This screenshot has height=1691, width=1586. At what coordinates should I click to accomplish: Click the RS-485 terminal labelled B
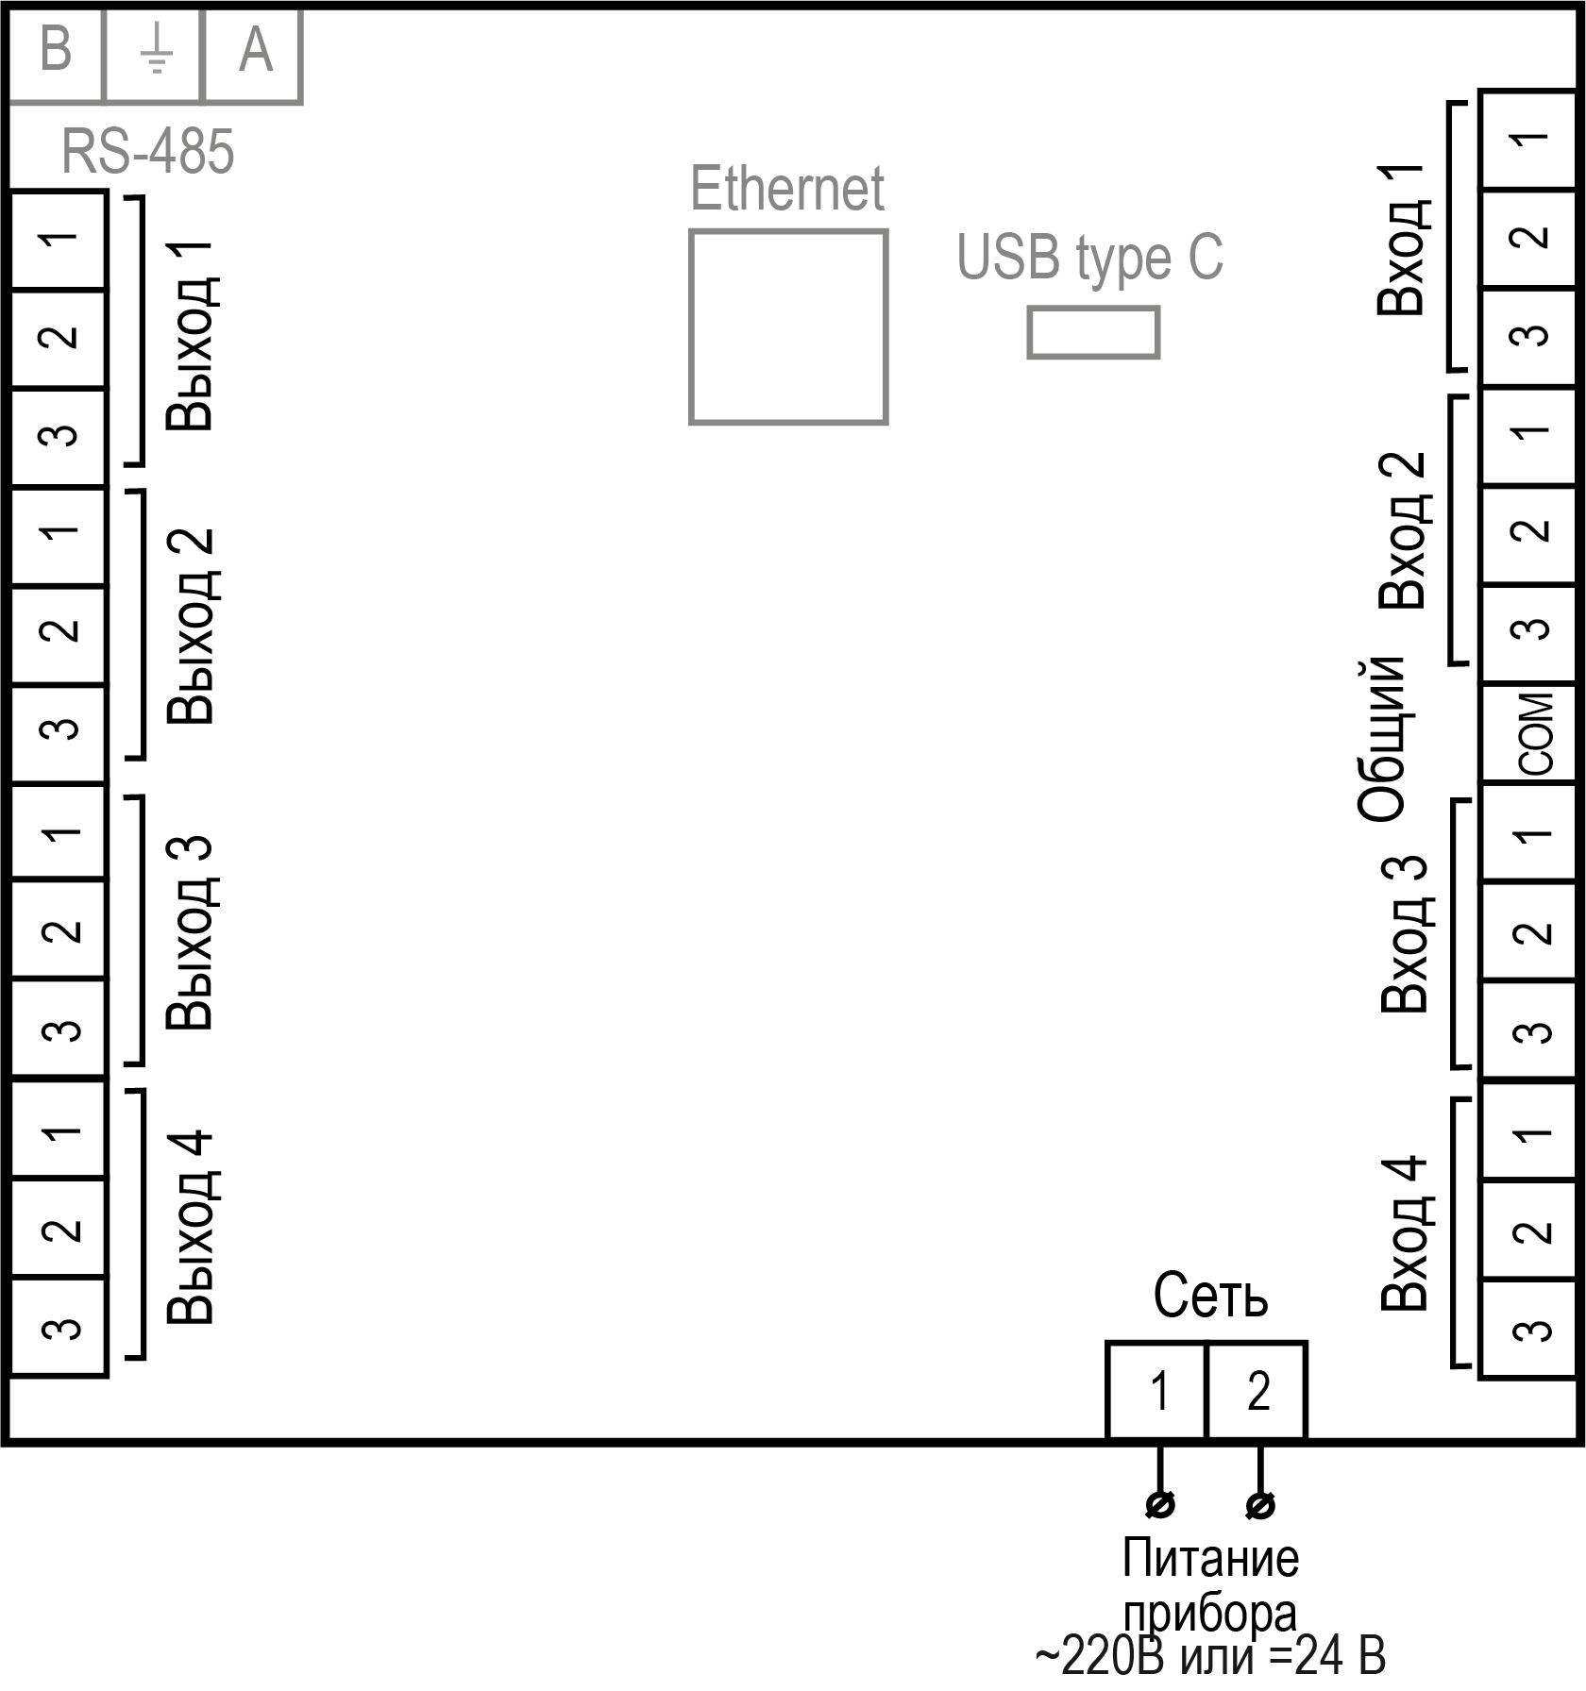(55, 52)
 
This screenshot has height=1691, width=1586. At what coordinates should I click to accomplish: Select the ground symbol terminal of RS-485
(154, 52)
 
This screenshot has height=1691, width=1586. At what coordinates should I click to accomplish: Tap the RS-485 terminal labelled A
(253, 52)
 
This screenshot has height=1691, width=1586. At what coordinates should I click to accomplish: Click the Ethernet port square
(788, 326)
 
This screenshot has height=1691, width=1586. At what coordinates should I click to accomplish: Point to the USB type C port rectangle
(1093, 332)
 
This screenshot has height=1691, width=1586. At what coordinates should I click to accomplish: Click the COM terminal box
(1531, 733)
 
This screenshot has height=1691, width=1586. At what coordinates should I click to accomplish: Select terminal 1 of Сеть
(1157, 1391)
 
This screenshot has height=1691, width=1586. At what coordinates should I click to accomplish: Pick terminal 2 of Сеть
(1257, 1391)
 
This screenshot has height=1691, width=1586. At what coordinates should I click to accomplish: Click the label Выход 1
(192, 336)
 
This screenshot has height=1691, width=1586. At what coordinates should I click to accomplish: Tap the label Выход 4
(192, 1227)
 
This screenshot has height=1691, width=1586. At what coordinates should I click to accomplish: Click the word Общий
(1384, 738)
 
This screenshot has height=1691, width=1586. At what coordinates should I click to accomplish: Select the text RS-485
(147, 151)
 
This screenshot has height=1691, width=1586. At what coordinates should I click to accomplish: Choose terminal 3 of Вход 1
(1531, 336)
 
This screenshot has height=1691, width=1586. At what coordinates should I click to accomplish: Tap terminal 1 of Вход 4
(1531, 1132)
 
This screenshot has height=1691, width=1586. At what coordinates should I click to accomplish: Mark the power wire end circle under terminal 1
(1160, 1504)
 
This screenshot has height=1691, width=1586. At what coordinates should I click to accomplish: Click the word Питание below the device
(1210, 1559)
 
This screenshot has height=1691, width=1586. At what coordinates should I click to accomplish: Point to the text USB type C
(1090, 257)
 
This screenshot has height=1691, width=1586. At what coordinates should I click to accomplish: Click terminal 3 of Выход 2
(59, 729)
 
